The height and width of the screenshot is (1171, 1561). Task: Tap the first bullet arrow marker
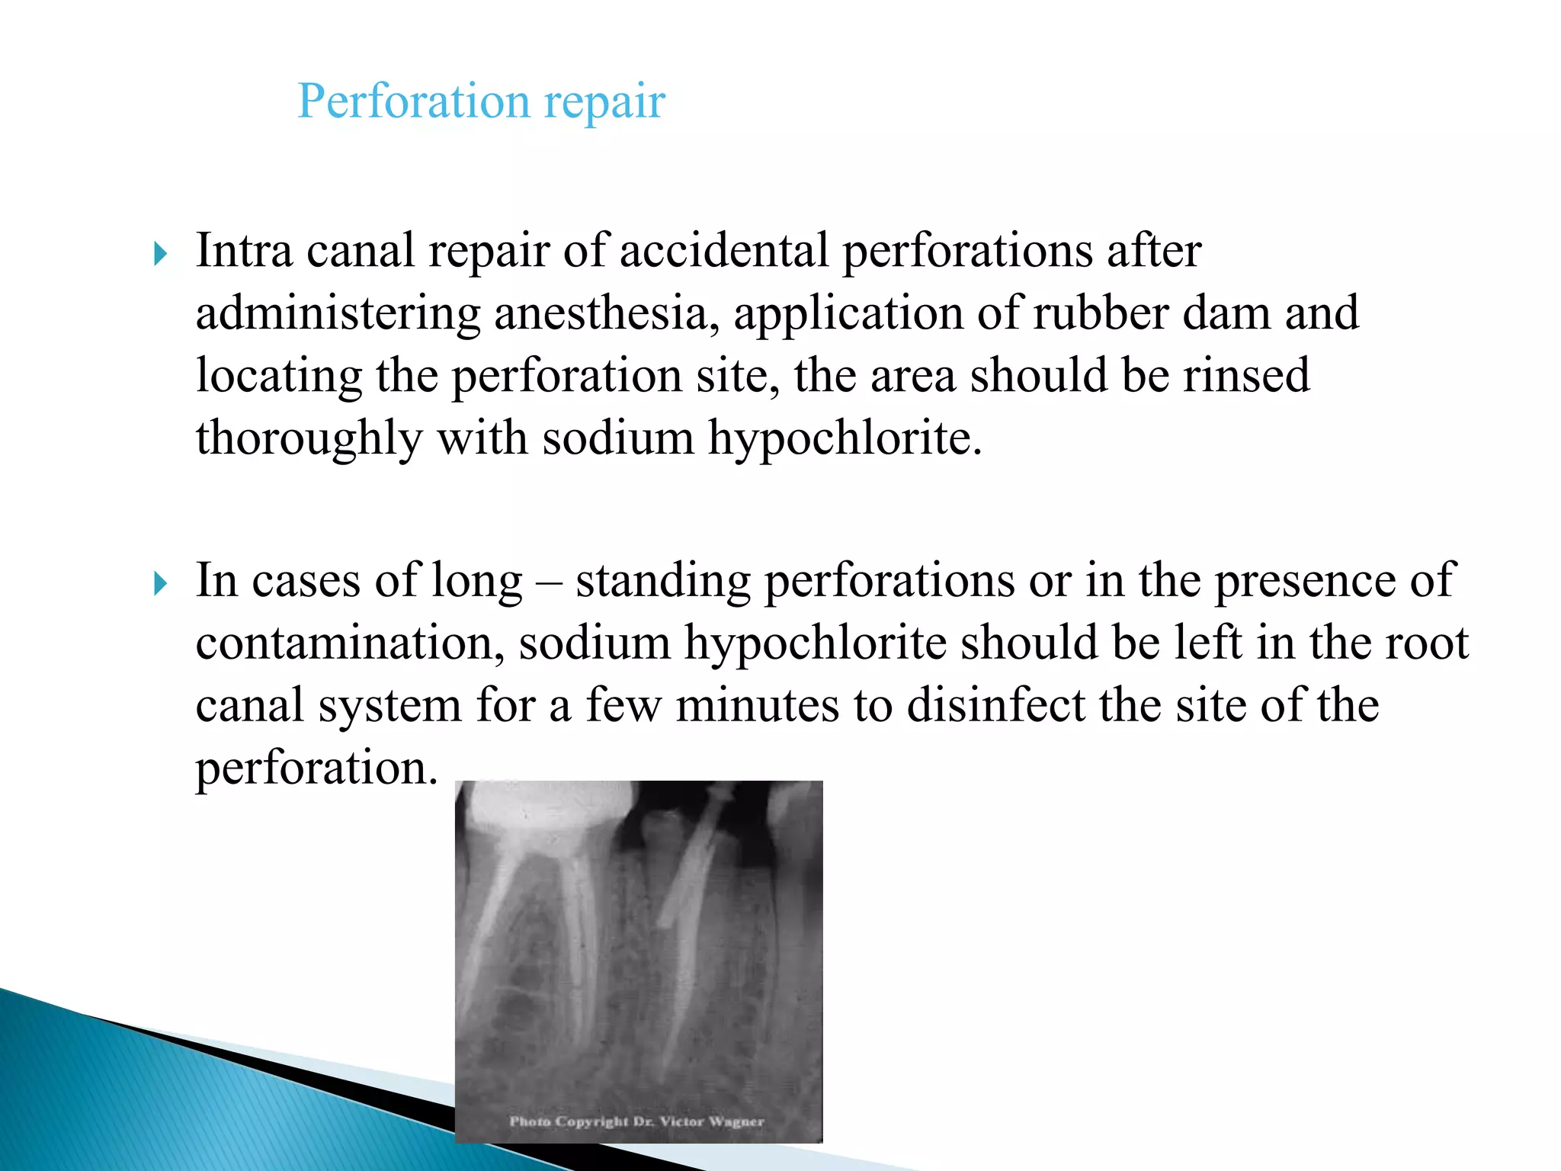tap(160, 254)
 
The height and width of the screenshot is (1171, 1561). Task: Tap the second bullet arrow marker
tap(160, 584)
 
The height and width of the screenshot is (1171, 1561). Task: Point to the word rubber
tap(1100, 313)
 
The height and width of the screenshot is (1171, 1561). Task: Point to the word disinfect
tap(995, 705)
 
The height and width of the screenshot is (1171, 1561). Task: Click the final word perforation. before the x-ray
tap(317, 768)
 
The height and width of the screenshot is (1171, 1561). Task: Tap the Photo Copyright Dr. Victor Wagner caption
tap(636, 1121)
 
